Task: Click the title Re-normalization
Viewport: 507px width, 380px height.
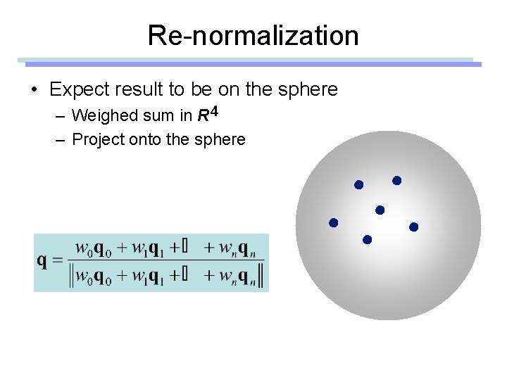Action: click(x=253, y=35)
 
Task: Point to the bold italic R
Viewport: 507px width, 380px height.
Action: click(x=202, y=115)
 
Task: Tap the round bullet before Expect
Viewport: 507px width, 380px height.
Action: click(x=33, y=90)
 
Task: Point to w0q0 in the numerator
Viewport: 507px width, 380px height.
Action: click(x=92, y=248)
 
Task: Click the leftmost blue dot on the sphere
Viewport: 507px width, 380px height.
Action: click(x=334, y=222)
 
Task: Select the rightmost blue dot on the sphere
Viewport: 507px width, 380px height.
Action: click(x=413, y=227)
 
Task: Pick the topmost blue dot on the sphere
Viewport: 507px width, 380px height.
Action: click(x=396, y=181)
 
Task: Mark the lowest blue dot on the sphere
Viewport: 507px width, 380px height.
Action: click(x=367, y=240)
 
